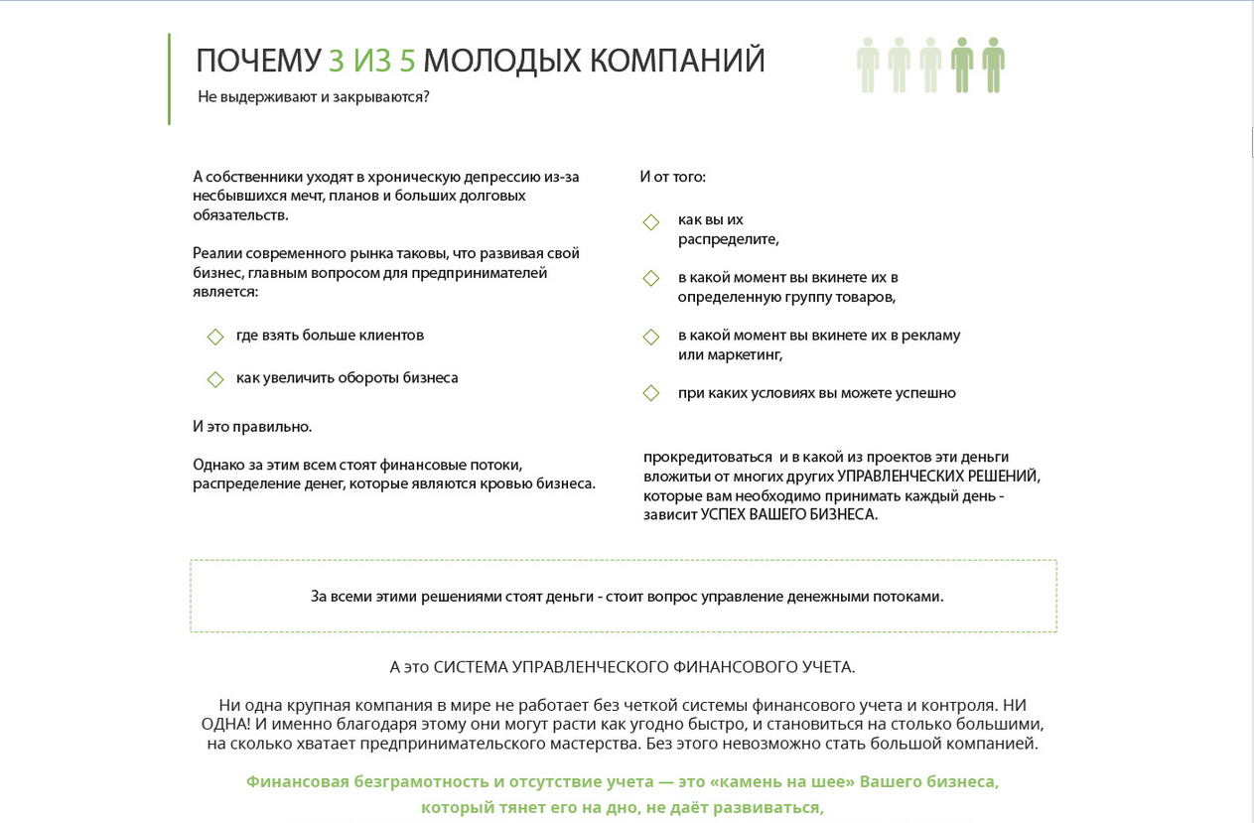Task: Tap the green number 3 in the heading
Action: [x=337, y=61]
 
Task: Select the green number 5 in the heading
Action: [x=407, y=61]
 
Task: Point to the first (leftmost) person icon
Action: [x=868, y=65]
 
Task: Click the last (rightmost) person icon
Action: [x=993, y=65]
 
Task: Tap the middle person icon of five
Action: [x=930, y=65]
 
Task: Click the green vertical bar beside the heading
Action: [x=169, y=79]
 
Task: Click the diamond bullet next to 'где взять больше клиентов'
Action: [x=215, y=338]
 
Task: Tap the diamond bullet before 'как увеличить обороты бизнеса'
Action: [x=215, y=379]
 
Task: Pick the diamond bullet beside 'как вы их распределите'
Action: [x=651, y=221]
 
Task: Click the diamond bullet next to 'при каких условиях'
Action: [x=651, y=394]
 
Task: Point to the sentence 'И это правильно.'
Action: [x=252, y=427]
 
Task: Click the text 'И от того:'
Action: [x=672, y=177]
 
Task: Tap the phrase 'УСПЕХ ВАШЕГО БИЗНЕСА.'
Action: [x=788, y=515]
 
